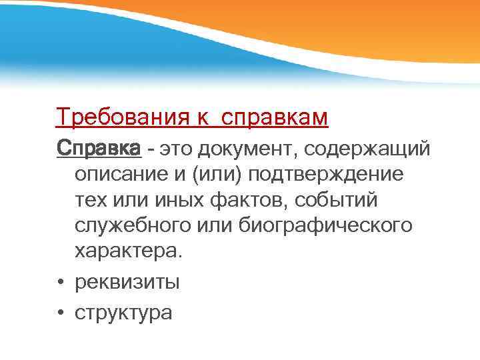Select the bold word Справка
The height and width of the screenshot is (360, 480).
[99, 147]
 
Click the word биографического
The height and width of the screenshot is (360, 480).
[325, 225]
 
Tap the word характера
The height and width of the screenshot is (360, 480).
[127, 252]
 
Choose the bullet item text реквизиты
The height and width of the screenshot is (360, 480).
[127, 282]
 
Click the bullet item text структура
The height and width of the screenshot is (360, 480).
[123, 311]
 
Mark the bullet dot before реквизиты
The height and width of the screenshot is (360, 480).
[60, 283]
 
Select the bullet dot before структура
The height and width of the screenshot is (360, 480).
[60, 312]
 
